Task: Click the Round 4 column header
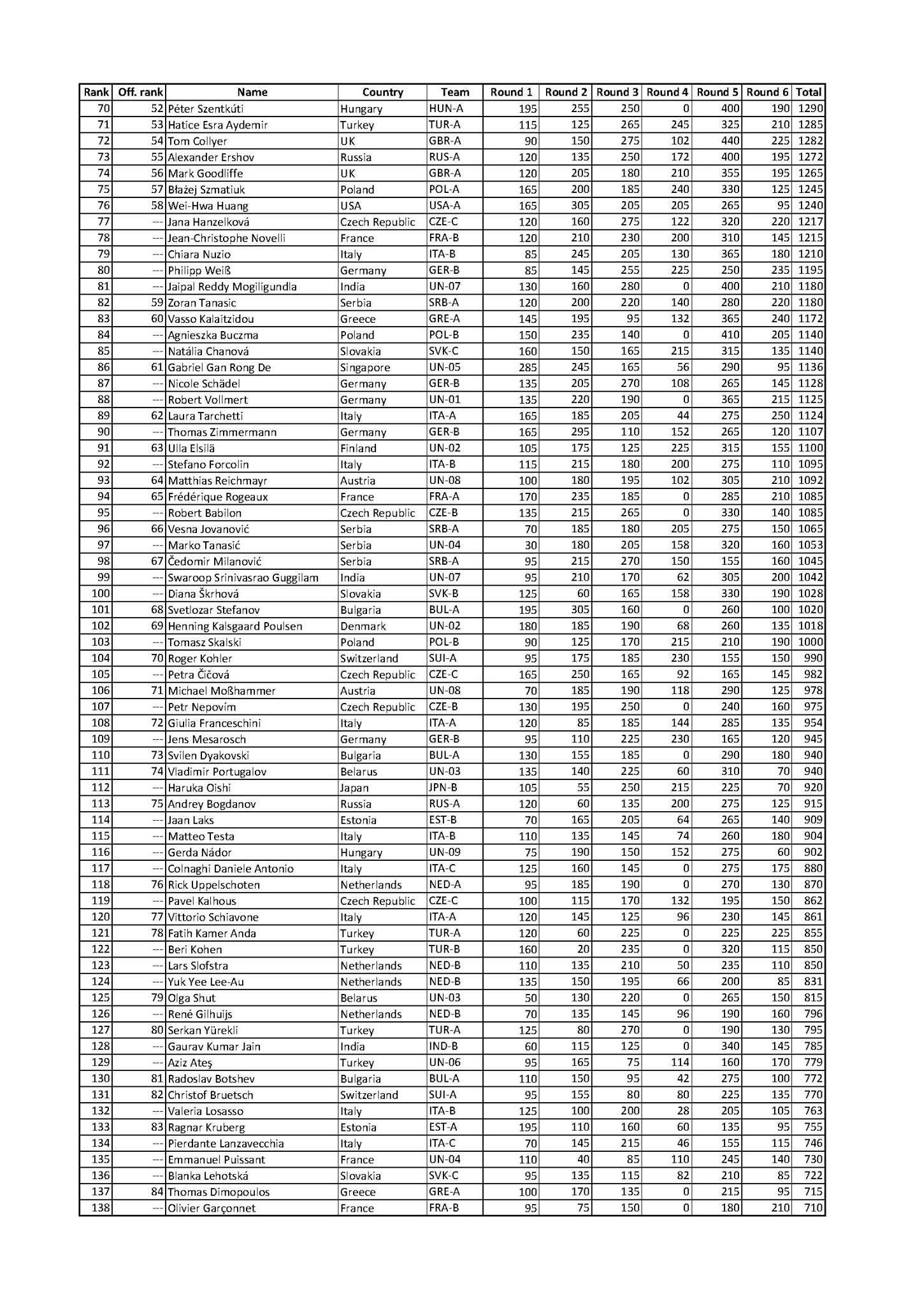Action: [x=667, y=92]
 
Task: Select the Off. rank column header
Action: [x=140, y=92]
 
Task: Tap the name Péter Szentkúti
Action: [x=205, y=109]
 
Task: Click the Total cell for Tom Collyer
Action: [x=809, y=141]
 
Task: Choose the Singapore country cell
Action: [x=365, y=367]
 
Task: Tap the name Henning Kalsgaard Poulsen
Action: [x=234, y=626]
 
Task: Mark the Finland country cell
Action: [x=358, y=448]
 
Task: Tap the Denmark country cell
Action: [x=361, y=626]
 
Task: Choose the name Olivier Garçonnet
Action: [x=211, y=1208]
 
